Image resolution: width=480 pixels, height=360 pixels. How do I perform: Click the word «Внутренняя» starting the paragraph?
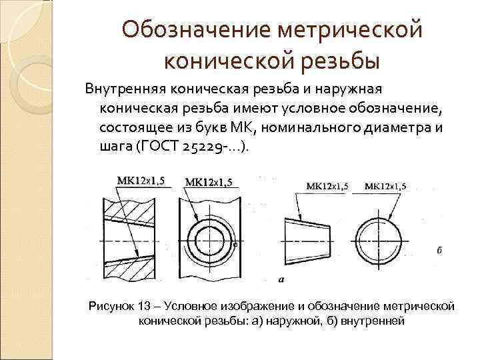123,89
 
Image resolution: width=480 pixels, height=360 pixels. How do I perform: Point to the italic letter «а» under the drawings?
280,278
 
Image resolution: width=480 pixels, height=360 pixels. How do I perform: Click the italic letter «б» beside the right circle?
439,250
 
